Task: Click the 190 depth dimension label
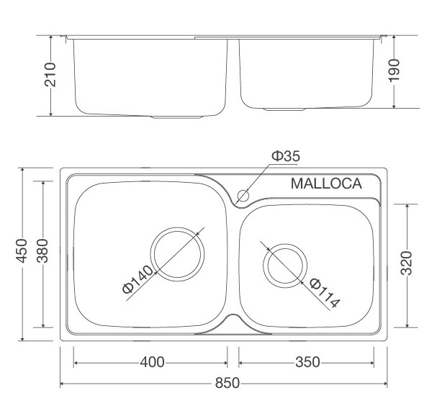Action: click(x=393, y=71)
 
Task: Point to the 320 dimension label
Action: click(x=407, y=263)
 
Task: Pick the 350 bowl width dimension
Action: click(x=307, y=361)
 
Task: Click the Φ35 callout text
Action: click(x=285, y=156)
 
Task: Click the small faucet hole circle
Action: click(x=243, y=194)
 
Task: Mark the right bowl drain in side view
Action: click(x=284, y=109)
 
